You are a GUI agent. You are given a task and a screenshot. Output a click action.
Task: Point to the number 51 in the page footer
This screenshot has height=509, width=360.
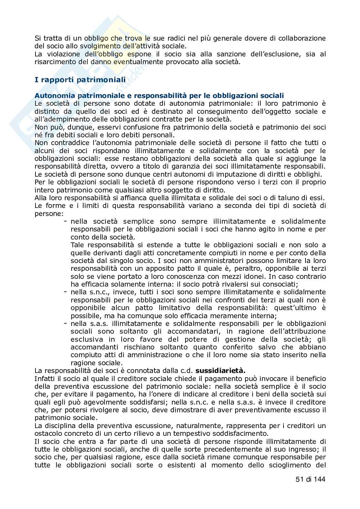tap(299, 479)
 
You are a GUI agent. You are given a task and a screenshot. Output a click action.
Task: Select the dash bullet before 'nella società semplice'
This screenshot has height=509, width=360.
tap(65, 221)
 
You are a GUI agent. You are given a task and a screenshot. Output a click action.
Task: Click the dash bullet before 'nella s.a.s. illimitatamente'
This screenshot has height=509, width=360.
tap(65, 323)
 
